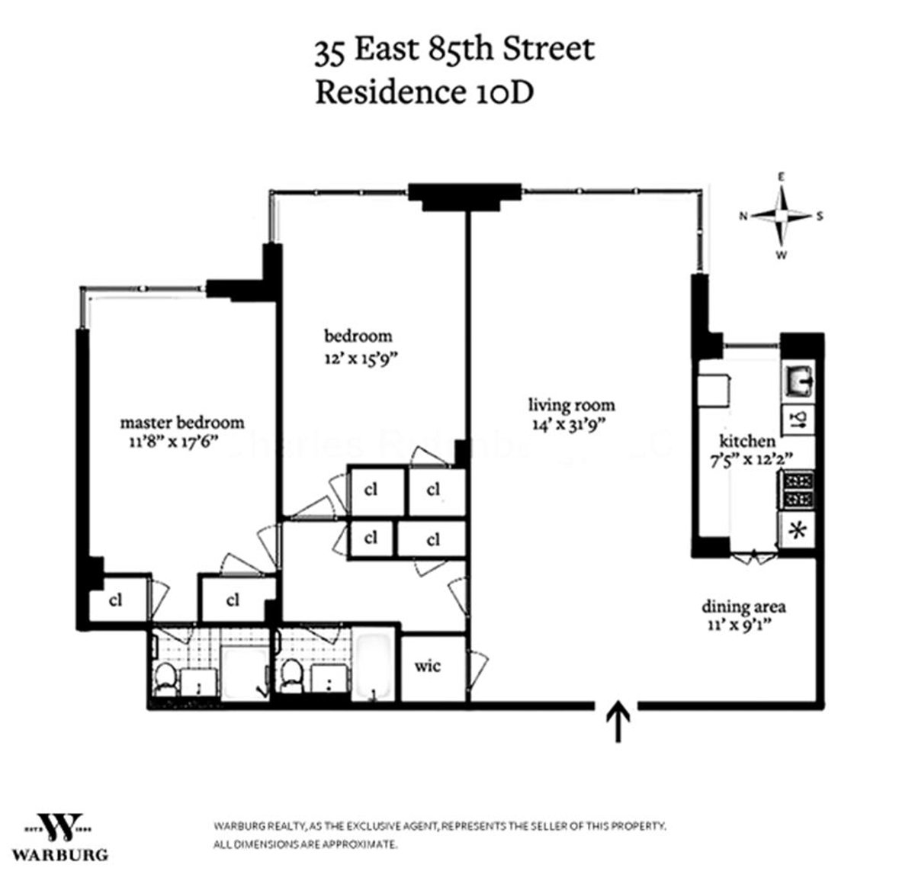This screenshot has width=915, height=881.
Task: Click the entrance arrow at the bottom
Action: tap(616, 721)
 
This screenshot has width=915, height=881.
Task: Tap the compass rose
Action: tap(781, 216)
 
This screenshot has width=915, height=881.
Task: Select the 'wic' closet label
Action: tap(428, 666)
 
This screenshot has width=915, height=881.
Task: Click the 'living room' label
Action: tap(571, 405)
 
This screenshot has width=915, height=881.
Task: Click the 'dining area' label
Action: tap(743, 607)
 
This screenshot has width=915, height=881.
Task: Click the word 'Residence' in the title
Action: tap(386, 92)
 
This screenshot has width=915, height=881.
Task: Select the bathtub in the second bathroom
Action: tap(373, 666)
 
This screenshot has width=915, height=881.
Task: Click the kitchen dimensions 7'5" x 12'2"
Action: tap(748, 458)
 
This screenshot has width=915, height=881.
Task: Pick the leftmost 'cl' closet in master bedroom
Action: tap(115, 600)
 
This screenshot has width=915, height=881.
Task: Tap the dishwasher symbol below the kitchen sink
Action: tap(799, 419)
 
